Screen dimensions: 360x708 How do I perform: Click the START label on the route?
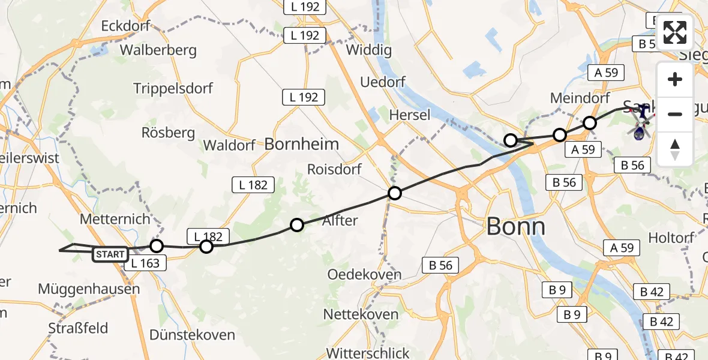(110, 254)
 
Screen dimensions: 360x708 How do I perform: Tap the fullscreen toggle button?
(675, 32)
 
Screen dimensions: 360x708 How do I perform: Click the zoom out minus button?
(675, 114)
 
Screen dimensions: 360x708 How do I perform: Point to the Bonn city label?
(515, 227)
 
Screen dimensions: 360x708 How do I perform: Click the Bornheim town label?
(302, 144)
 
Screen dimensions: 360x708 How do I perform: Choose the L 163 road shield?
(146, 263)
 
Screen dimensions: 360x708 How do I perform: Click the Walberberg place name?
(158, 50)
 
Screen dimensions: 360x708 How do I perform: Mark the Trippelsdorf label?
(173, 89)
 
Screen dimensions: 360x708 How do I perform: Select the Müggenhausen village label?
(89, 289)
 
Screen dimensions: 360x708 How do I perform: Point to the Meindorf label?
(580, 98)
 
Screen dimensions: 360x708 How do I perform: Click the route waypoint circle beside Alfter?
(297, 225)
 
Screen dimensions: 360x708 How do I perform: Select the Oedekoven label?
(364, 275)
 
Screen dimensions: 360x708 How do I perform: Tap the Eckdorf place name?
(125, 26)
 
